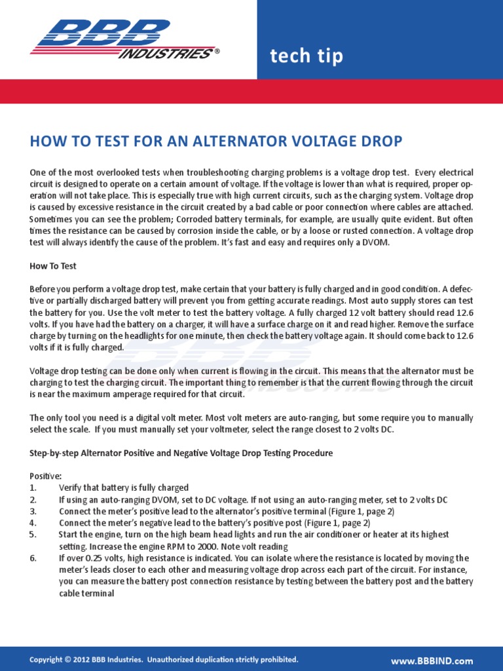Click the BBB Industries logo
click(x=123, y=39)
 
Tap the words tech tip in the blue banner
click(x=307, y=57)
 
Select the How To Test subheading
click(x=53, y=266)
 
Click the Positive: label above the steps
click(x=46, y=476)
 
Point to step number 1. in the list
click(x=33, y=488)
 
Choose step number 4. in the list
click(x=33, y=523)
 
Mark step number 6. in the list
click(x=33, y=558)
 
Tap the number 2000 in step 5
click(x=225, y=546)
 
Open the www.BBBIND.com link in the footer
click(x=432, y=661)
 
